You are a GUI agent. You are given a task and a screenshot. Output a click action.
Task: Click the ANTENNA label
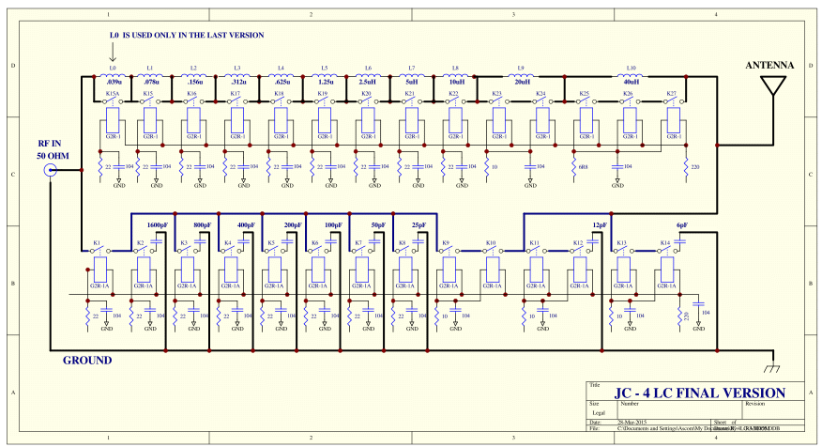pyautogui.click(x=769, y=66)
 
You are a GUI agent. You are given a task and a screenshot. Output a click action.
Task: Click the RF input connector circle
pyautogui.click(x=51, y=170)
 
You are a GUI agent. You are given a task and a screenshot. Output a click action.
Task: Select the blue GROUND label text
pyautogui.click(x=87, y=361)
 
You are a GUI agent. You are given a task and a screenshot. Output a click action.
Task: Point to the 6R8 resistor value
pyautogui.click(x=583, y=166)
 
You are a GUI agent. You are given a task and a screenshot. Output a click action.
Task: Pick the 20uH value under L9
pyautogui.click(x=522, y=82)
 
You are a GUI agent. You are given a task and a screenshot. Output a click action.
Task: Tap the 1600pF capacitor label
pyautogui.click(x=158, y=226)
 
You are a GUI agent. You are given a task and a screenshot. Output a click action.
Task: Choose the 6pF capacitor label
pyautogui.click(x=682, y=226)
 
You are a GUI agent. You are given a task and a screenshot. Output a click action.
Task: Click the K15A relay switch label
pyautogui.click(x=112, y=94)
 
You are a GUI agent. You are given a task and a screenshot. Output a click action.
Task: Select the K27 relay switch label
pyautogui.click(x=672, y=94)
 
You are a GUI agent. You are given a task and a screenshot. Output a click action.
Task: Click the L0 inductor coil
pyautogui.click(x=113, y=75)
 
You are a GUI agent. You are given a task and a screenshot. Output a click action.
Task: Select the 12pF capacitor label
pyautogui.click(x=600, y=226)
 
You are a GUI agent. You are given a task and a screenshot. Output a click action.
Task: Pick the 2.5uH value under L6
pyautogui.click(x=367, y=82)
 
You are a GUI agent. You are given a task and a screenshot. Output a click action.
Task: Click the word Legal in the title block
pyautogui.click(x=600, y=412)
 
